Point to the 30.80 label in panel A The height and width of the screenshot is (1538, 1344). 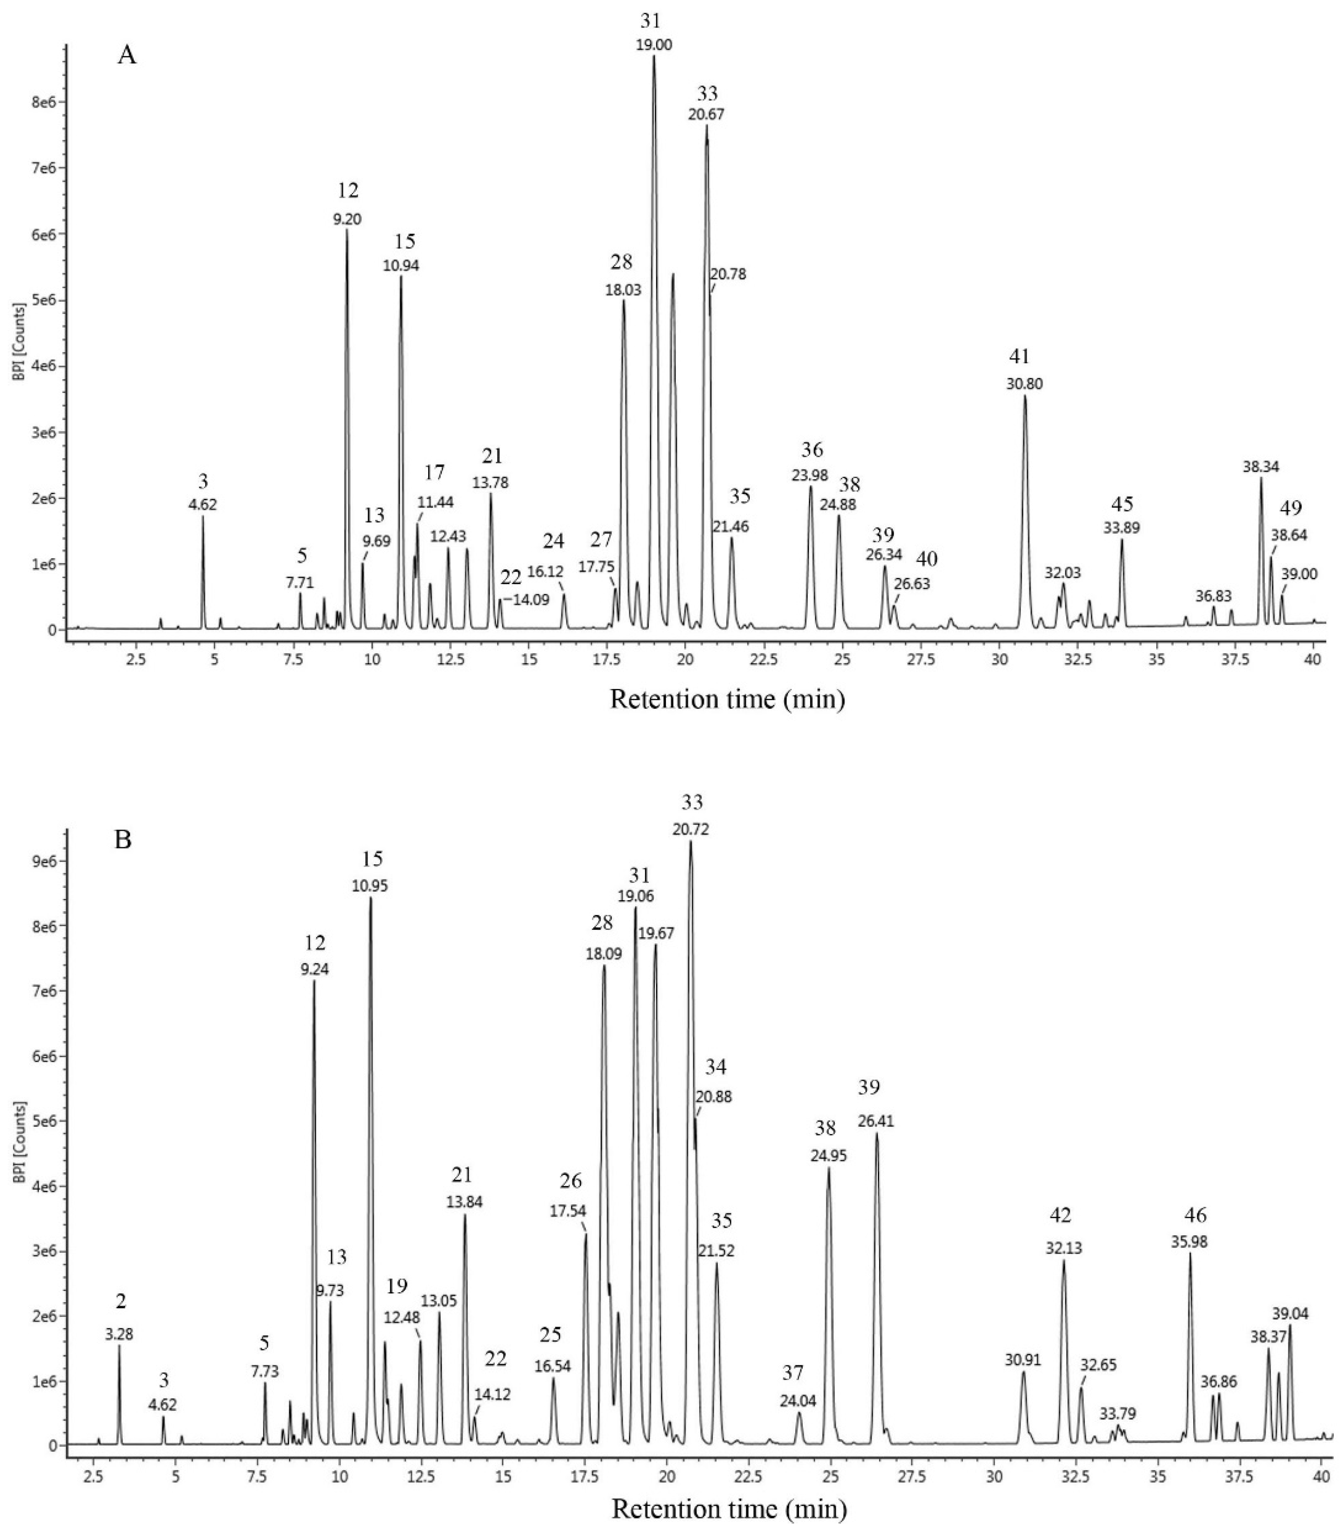pos(1024,384)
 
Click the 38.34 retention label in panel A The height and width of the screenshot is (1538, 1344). pos(1261,467)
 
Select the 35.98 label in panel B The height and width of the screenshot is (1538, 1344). pos(1189,1242)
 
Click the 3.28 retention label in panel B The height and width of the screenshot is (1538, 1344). pos(120,1335)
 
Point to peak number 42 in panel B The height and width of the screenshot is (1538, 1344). pos(1060,1215)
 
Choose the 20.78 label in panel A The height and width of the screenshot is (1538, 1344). pos(728,275)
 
